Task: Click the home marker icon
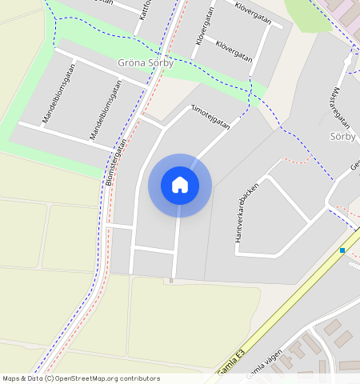(180, 185)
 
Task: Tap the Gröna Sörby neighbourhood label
(145, 64)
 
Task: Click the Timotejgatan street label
(210, 117)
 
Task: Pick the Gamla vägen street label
(266, 363)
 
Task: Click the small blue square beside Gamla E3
(342, 250)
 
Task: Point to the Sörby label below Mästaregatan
(342, 137)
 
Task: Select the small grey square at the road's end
(171, 280)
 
